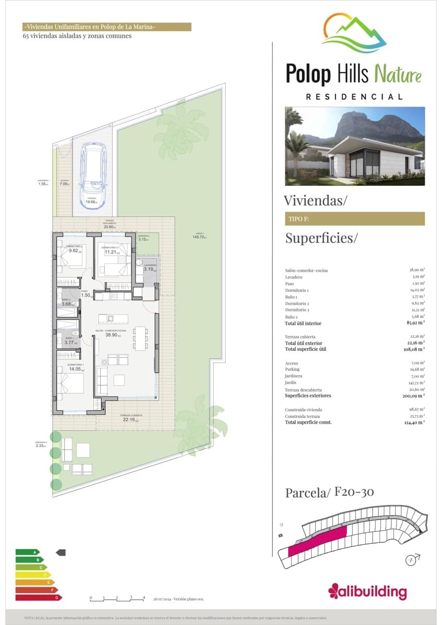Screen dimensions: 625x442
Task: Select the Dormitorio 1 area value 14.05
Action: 75,369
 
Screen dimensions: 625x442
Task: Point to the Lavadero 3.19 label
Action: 149,269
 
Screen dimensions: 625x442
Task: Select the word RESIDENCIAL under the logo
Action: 354,97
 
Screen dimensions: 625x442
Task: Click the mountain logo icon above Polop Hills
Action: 354,33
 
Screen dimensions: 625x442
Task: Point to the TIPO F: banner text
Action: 299,219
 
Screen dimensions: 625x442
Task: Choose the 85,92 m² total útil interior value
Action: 417,323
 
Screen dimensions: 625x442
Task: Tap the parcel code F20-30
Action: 354,492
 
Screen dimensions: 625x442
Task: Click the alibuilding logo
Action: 367,591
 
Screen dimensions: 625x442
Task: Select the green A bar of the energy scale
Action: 28,552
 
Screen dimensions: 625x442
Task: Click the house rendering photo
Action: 354,146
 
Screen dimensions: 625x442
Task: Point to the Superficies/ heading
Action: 322,239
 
